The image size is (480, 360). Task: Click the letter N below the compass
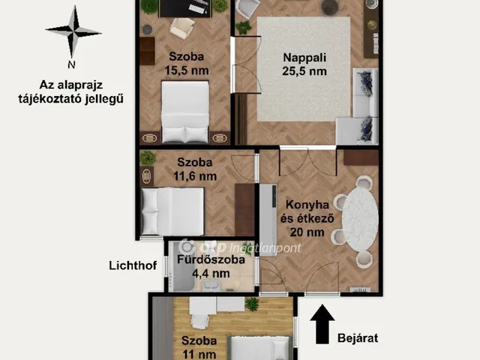tap(72, 64)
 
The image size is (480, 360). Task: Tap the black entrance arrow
tap(323, 323)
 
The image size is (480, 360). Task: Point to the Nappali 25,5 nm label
tap(304, 65)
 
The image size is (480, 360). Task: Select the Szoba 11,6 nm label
tap(195, 169)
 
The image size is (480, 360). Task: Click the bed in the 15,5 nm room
tap(185, 111)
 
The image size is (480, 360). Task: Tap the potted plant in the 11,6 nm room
tap(148, 158)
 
